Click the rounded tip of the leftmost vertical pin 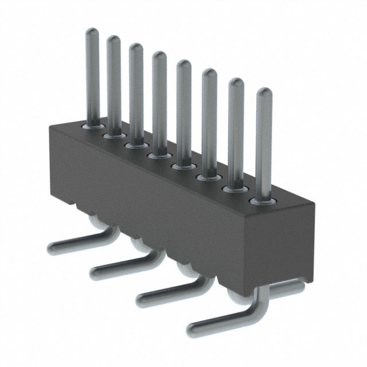point(92,33)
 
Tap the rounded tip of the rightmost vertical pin point(263,93)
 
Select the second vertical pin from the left point(114,80)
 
